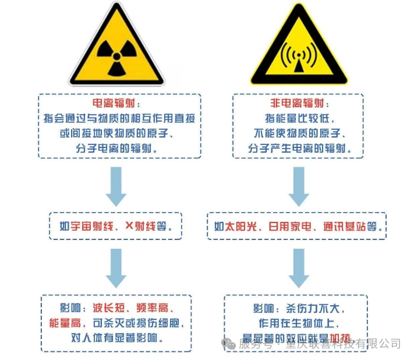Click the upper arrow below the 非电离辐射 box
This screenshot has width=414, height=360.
[298, 186]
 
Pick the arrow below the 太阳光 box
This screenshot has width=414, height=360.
[298, 267]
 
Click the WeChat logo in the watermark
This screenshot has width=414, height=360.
[229, 344]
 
